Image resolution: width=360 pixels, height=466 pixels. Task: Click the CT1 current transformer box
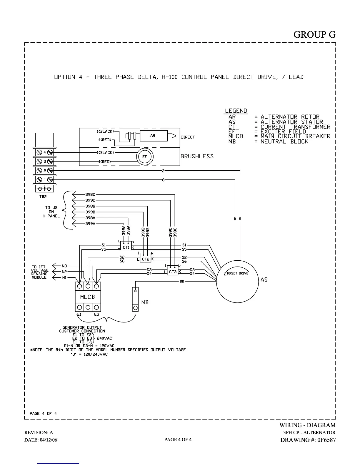(126, 247)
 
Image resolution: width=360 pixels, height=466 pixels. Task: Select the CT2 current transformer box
(146, 259)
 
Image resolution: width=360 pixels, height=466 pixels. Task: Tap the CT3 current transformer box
(173, 272)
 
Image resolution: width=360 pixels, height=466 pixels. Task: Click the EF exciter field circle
(145, 157)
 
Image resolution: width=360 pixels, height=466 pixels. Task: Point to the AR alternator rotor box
(153, 136)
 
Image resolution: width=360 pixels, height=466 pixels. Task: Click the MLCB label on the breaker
(88, 297)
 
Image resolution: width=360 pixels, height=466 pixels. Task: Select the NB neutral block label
(145, 302)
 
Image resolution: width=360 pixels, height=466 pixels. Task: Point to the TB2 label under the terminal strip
(43, 197)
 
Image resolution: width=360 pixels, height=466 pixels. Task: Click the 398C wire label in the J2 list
(90, 194)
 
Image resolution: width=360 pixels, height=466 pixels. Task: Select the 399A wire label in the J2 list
(90, 224)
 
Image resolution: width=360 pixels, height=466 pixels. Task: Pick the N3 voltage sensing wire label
(64, 266)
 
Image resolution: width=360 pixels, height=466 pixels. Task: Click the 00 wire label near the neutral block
(182, 282)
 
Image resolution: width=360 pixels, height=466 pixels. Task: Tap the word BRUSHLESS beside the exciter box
(197, 156)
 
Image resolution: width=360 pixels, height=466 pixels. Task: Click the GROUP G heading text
(314, 34)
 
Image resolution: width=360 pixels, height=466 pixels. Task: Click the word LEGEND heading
(236, 111)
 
